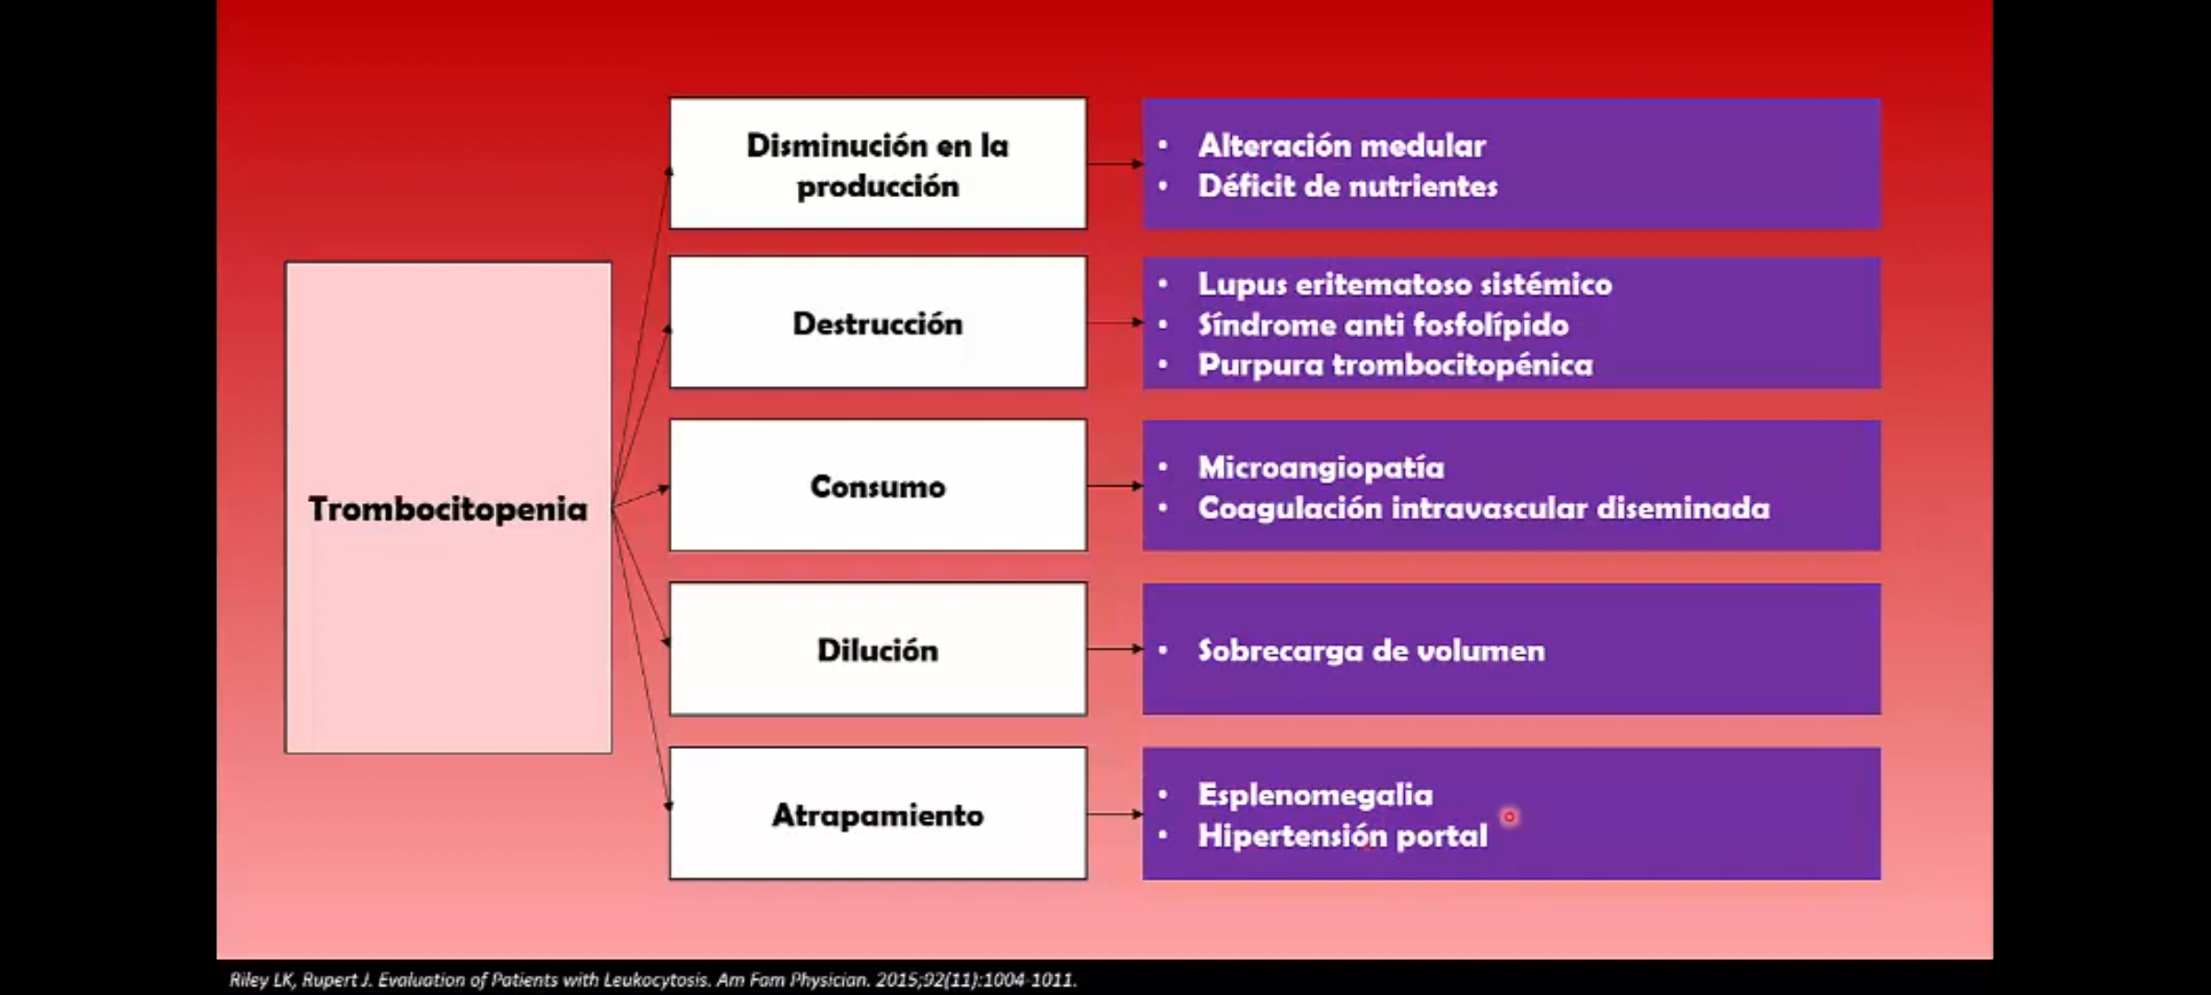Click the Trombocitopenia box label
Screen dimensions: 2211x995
click(x=448, y=509)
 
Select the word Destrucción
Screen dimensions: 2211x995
click(x=877, y=324)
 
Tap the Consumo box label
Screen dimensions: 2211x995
click(x=877, y=486)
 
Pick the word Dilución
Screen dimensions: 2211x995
click(x=877, y=650)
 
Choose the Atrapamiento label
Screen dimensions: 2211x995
click(x=877, y=815)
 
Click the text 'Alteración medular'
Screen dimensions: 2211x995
click(x=1341, y=146)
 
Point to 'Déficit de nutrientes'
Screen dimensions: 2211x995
click(x=1348, y=186)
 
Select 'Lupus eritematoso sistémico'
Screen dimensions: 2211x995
click(x=1405, y=284)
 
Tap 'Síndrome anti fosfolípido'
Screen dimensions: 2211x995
click(x=1383, y=324)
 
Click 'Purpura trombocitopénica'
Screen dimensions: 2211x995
click(x=1395, y=365)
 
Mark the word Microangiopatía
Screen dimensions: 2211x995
click(x=1321, y=468)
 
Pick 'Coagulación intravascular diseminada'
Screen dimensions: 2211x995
click(x=1483, y=509)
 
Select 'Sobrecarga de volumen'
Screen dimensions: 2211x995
click(x=1371, y=650)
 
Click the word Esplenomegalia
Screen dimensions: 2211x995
click(x=1315, y=795)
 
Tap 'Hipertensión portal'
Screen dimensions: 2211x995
click(x=1342, y=836)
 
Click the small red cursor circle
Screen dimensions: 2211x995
click(x=1509, y=816)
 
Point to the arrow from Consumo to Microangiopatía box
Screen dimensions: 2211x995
click(x=1115, y=486)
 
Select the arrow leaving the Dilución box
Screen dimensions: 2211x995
click(x=1115, y=649)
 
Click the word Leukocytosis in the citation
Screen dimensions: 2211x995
click(x=656, y=980)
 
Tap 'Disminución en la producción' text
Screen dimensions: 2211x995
click(x=877, y=166)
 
